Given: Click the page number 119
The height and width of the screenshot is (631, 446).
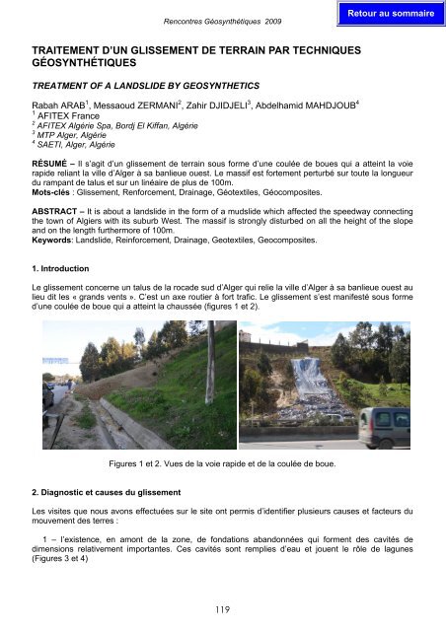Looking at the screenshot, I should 222,610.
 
